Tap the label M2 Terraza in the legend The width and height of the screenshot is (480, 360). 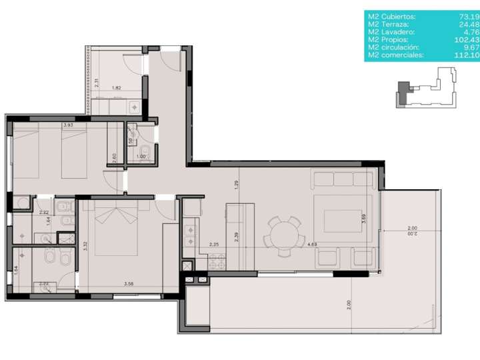389,24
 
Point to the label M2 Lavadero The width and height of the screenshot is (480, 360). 390,32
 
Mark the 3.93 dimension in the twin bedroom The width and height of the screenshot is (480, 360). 68,125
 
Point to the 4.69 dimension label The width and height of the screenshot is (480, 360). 312,245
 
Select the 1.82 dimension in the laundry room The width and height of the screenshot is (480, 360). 117,88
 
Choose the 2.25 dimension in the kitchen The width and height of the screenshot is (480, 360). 214,245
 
